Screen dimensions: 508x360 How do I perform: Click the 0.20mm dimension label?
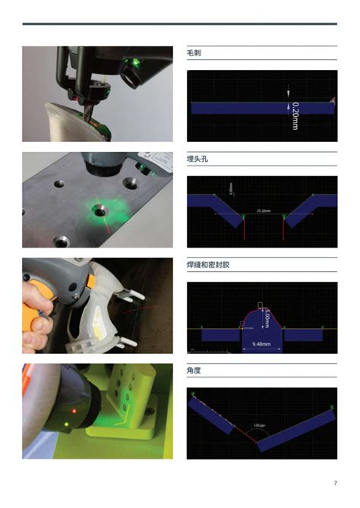click(295, 115)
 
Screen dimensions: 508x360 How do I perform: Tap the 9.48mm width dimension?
click(262, 345)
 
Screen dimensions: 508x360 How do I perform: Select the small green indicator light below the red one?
click(68, 423)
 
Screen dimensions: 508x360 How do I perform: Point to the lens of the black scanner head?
click(128, 77)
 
